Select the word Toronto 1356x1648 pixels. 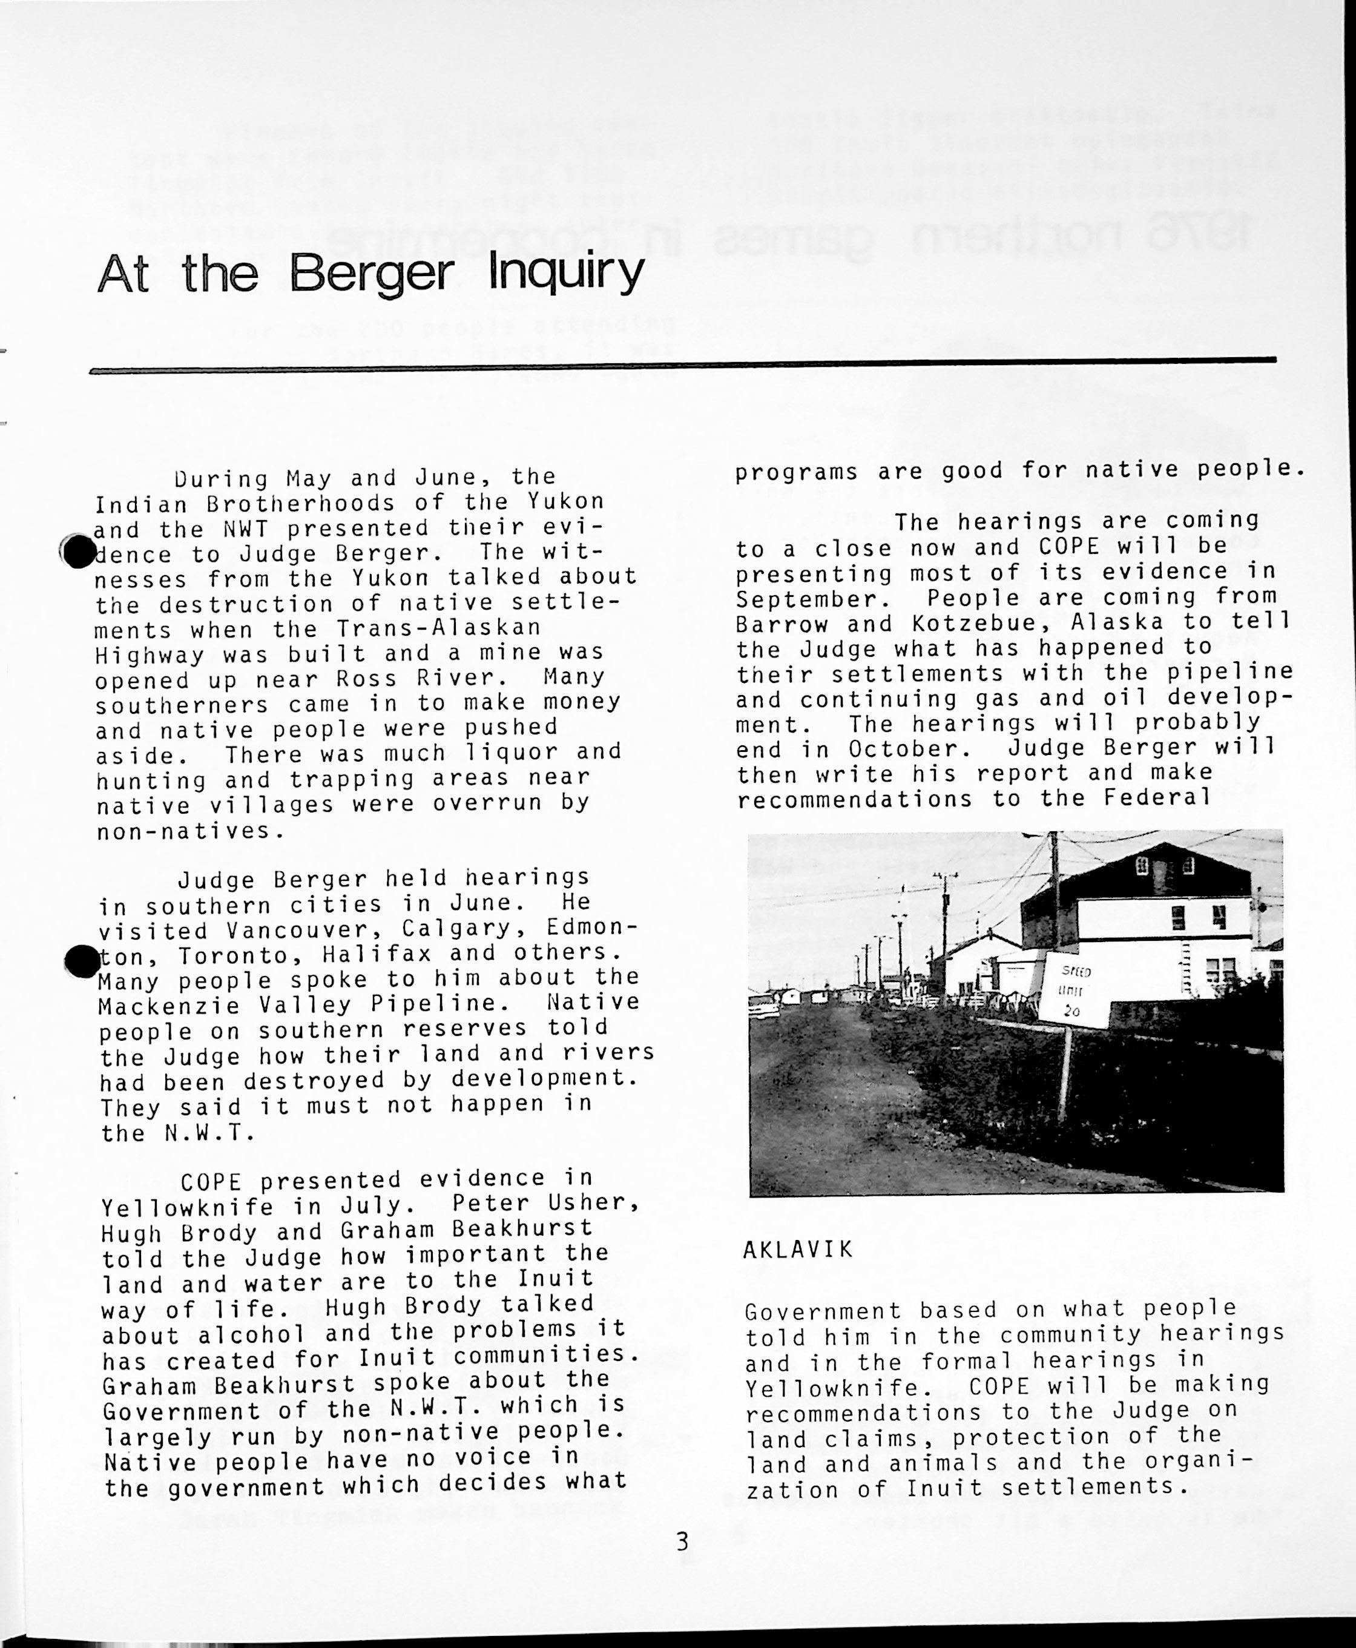(242, 956)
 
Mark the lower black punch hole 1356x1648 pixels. (82, 961)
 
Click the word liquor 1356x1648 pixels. (512, 753)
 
